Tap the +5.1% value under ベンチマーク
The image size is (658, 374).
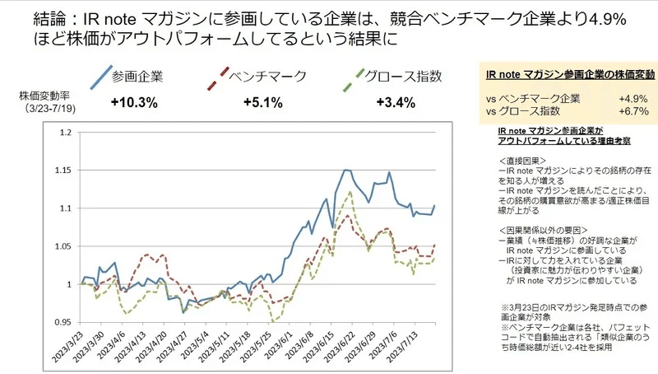point(263,103)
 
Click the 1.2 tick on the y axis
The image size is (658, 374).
point(67,132)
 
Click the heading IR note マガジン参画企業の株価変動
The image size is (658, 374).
point(567,74)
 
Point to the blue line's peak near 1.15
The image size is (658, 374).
point(346,170)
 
